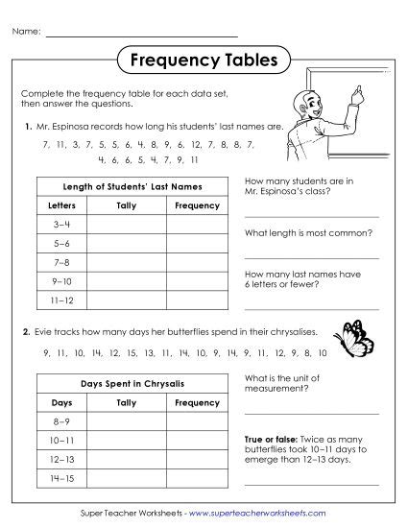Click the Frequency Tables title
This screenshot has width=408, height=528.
[204, 60]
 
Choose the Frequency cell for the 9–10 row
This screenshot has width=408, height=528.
[198, 282]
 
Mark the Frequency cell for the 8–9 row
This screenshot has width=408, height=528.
[198, 421]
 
